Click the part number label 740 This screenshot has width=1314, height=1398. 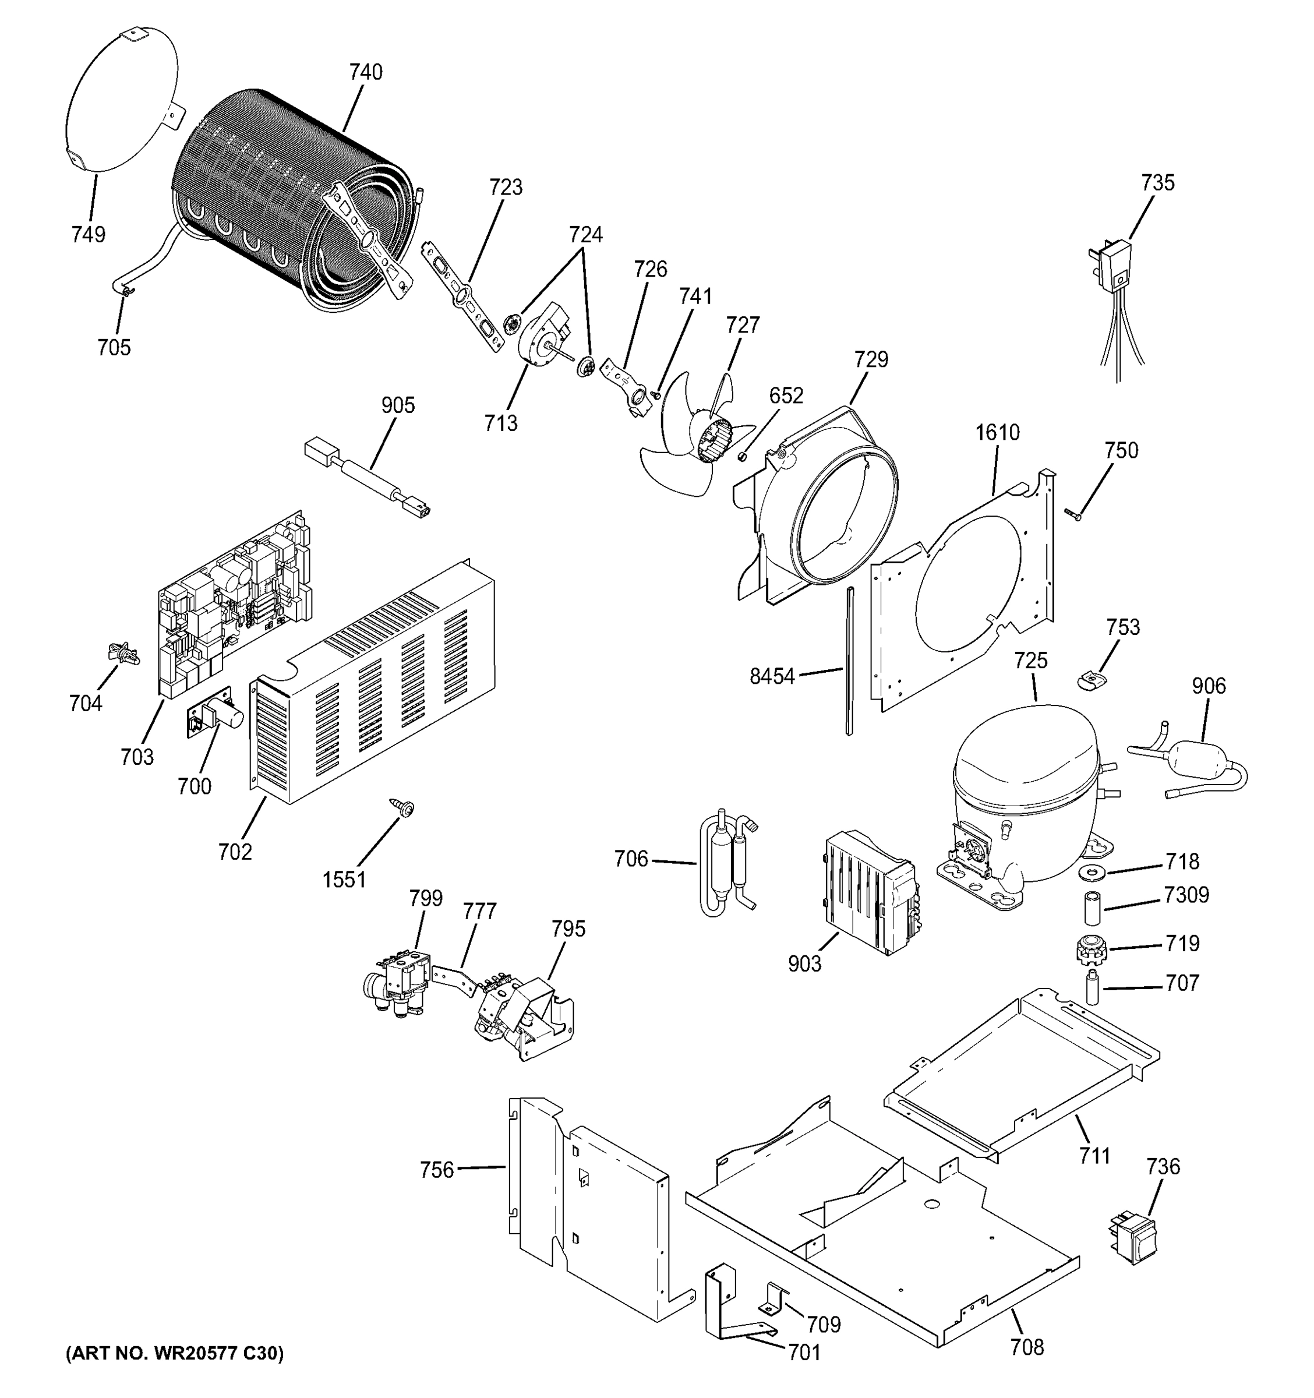[366, 72]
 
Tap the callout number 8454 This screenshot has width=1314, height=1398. [771, 676]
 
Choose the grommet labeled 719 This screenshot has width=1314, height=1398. [1090, 950]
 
